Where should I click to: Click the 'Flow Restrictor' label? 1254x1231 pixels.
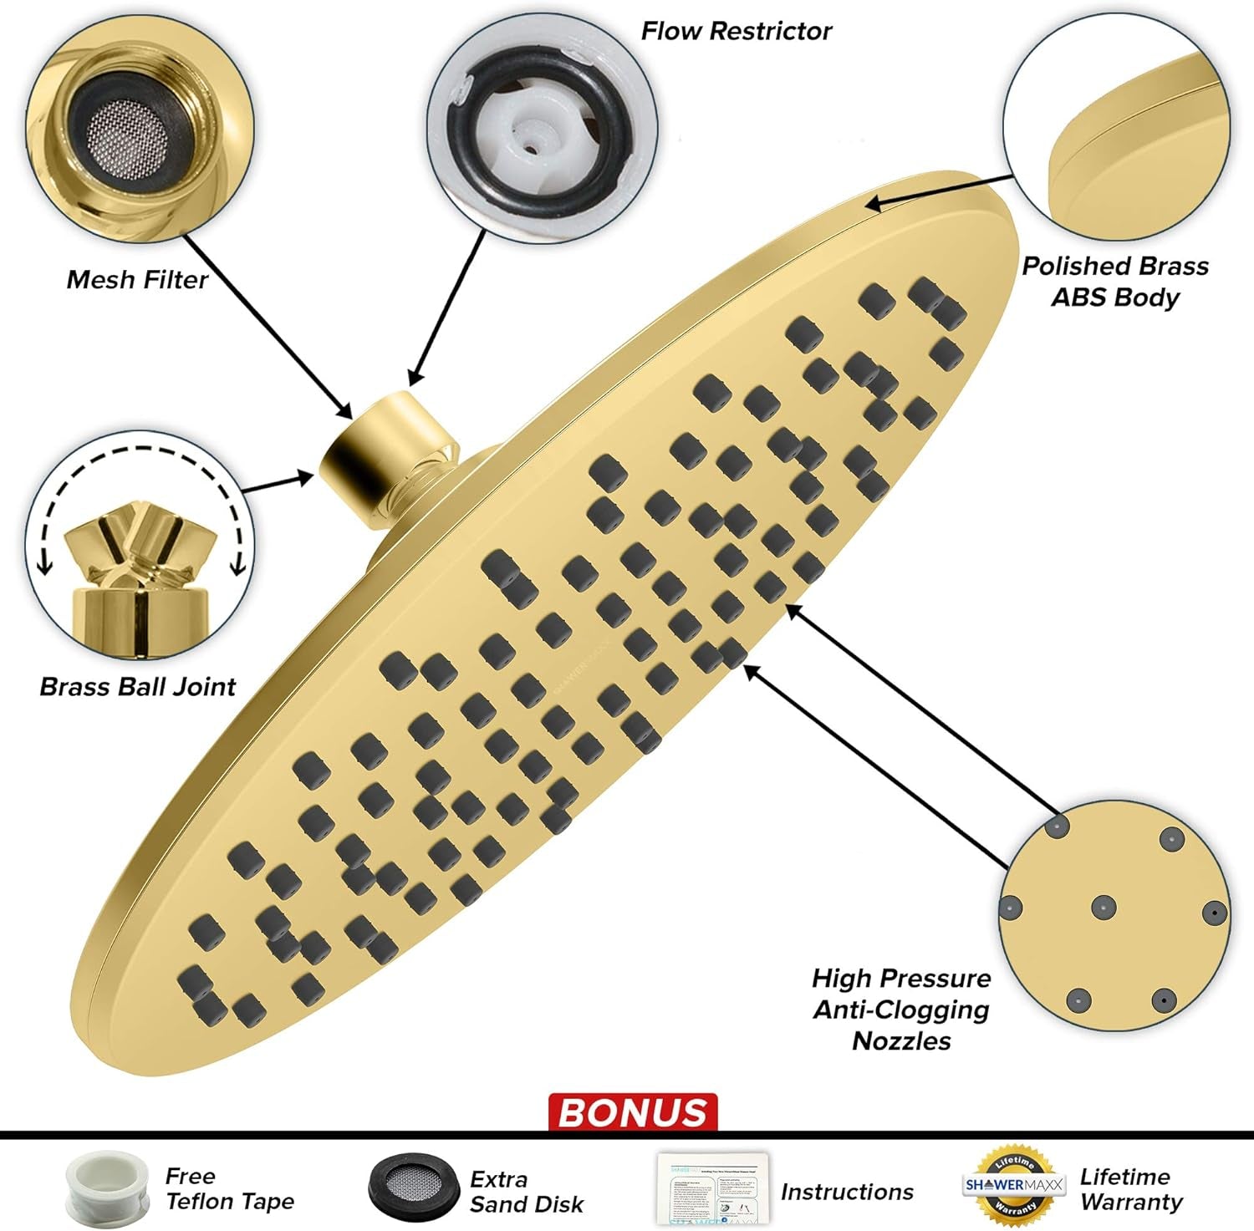pos(736,31)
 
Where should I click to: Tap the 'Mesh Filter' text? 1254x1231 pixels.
pos(137,279)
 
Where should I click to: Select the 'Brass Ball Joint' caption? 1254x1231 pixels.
pos(138,686)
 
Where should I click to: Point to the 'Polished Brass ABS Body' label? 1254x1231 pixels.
pos(1115,282)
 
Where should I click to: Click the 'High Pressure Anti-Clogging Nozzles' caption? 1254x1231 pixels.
pos(901,1009)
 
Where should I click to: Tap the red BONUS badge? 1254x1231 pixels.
pos(633,1112)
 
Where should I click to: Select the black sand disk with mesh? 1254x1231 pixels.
pos(413,1188)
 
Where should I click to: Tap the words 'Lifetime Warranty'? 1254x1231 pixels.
pos(1131,1189)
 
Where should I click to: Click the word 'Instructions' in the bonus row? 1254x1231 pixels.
pos(847,1192)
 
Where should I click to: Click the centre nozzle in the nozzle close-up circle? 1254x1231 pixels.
pos(1104,907)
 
